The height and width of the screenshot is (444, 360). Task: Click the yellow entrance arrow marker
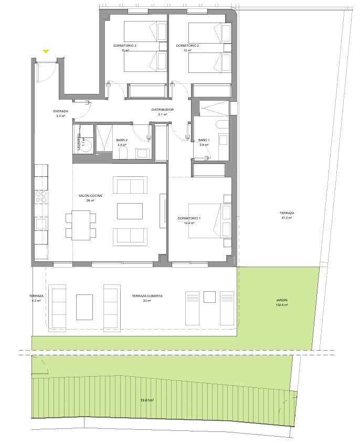(46, 51)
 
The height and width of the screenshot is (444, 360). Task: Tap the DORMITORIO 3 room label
(124, 46)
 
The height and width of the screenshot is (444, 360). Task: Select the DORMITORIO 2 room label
(187, 46)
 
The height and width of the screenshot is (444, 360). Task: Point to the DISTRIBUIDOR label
(162, 110)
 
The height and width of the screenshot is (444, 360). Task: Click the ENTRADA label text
(60, 111)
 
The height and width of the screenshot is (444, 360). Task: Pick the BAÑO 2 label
(122, 140)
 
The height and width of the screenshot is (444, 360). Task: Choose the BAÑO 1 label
(204, 140)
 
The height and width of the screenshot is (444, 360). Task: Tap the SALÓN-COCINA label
(90, 195)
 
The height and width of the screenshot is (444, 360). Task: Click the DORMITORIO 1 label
(189, 218)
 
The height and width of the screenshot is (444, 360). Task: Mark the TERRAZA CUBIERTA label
(147, 296)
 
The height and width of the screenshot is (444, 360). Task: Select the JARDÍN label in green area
(282, 300)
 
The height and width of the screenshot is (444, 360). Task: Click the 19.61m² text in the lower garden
(147, 400)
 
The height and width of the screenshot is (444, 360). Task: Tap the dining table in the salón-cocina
(81, 225)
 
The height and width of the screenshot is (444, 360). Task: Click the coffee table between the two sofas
(130, 211)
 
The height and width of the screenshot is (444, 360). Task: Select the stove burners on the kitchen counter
(40, 197)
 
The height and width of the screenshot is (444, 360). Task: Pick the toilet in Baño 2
(124, 153)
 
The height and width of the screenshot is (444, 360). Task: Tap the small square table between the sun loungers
(210, 297)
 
